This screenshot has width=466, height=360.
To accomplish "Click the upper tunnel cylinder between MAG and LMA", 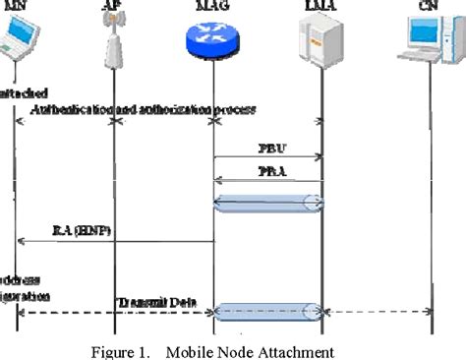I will click(267, 203).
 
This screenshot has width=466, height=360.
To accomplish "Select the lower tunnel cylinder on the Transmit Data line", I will click(267, 312).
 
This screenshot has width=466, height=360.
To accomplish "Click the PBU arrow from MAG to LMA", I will click(267, 157).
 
